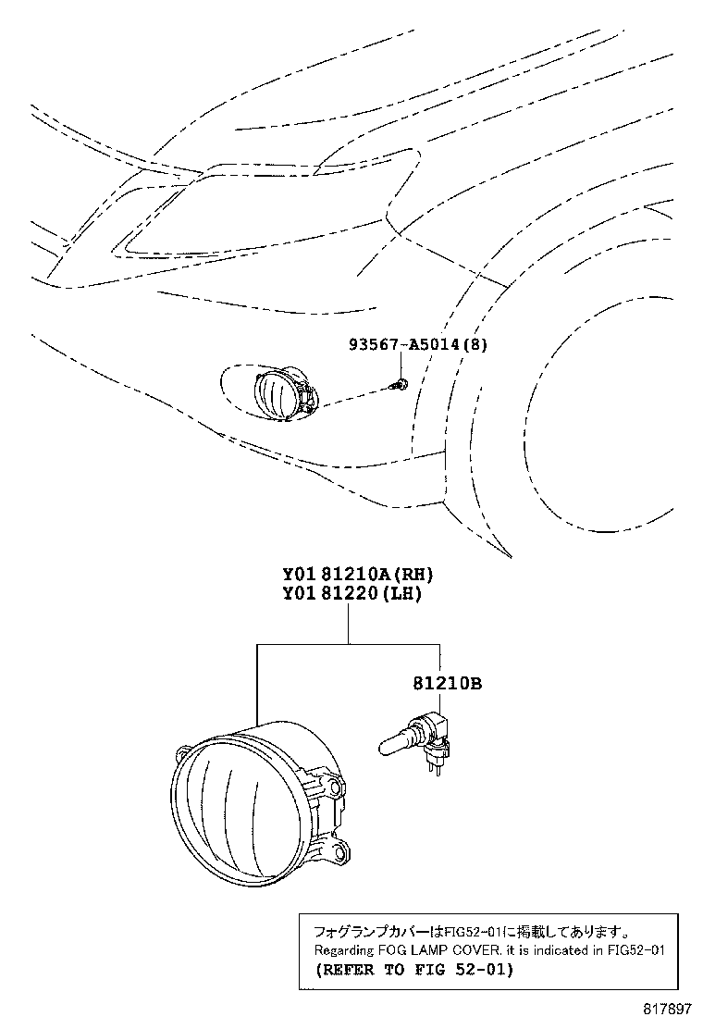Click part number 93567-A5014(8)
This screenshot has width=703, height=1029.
click(417, 344)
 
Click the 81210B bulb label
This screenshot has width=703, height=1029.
click(447, 684)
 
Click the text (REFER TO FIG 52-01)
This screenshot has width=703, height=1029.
click(413, 970)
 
